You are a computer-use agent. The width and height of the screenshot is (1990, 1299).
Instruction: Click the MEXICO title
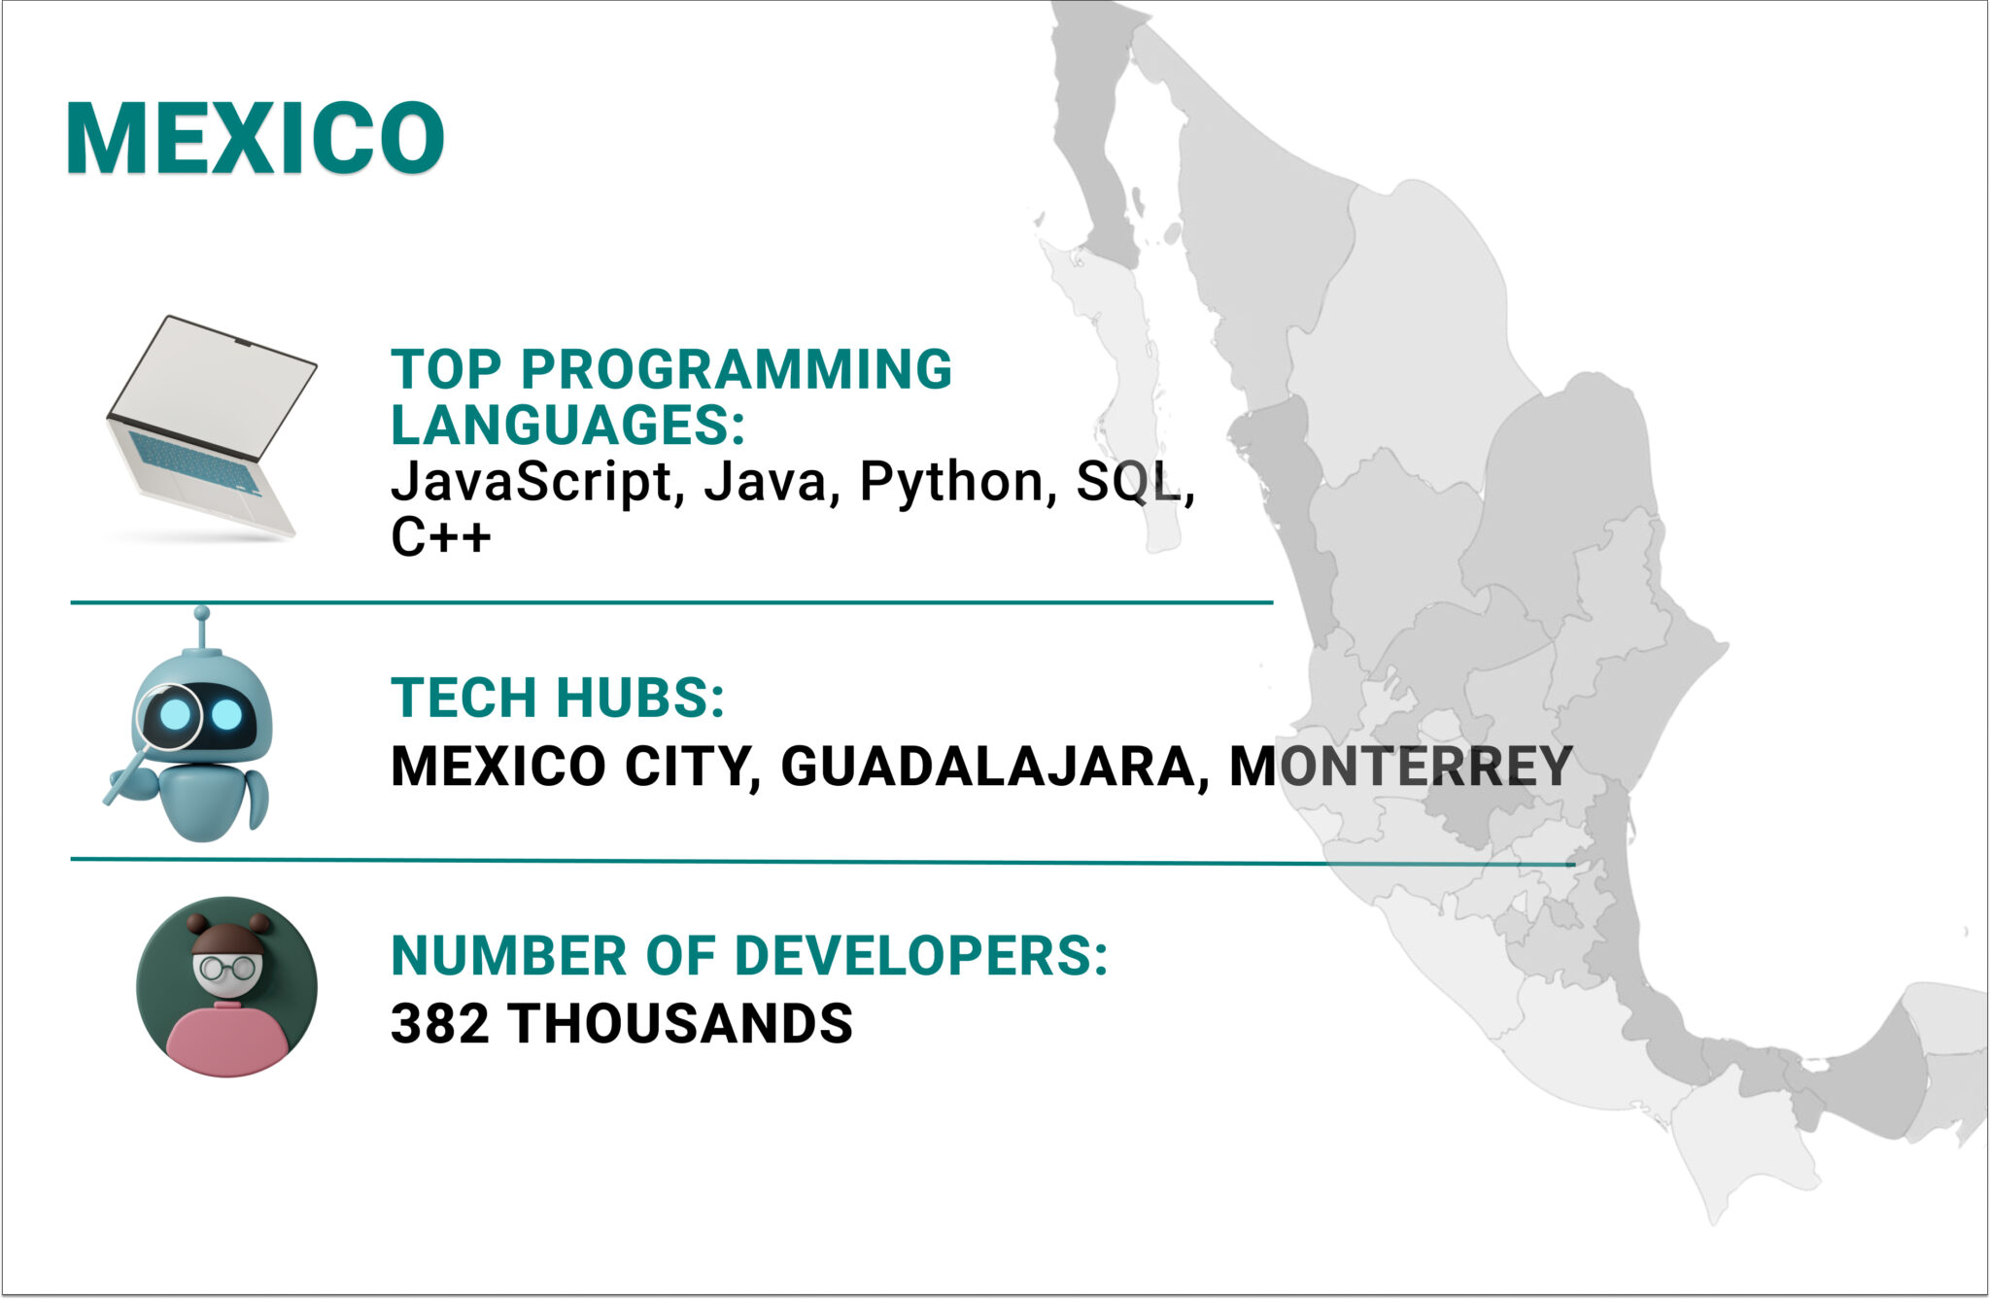(x=255, y=139)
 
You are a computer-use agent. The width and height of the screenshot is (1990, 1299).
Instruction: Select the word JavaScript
(x=531, y=482)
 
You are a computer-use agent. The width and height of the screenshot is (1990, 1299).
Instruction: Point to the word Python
(x=951, y=482)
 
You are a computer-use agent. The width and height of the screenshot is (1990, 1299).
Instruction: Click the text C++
(x=440, y=537)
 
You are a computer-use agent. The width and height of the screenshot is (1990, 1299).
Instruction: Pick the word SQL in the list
(x=1128, y=482)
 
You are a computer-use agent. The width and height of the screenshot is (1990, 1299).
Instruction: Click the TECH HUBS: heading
(x=558, y=698)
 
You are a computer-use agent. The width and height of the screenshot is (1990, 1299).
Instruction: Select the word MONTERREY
(x=1400, y=767)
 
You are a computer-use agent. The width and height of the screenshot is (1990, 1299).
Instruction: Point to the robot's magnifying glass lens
(x=173, y=716)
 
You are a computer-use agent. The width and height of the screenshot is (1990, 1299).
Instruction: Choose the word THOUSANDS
(x=680, y=1024)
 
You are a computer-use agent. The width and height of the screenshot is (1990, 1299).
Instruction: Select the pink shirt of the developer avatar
(x=225, y=1038)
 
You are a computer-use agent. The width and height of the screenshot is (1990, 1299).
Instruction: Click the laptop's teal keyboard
(x=194, y=461)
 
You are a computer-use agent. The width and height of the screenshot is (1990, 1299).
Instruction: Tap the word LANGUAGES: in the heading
(x=567, y=426)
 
